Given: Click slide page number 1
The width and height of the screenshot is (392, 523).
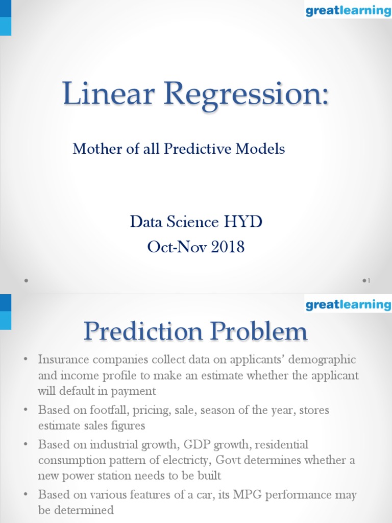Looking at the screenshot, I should point(368,280).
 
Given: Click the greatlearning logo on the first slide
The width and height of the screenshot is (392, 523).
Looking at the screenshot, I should point(348,10).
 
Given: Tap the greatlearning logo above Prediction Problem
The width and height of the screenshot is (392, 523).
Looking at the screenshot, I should point(348,305).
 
